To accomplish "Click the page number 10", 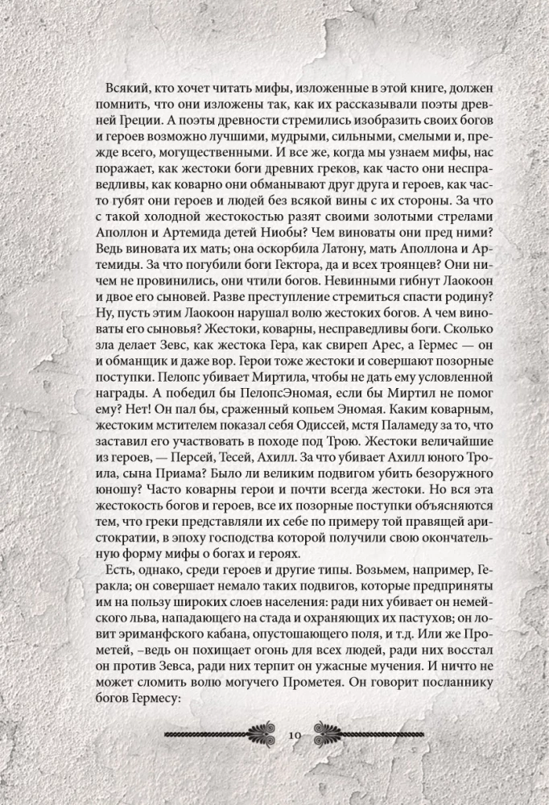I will (x=292, y=735).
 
